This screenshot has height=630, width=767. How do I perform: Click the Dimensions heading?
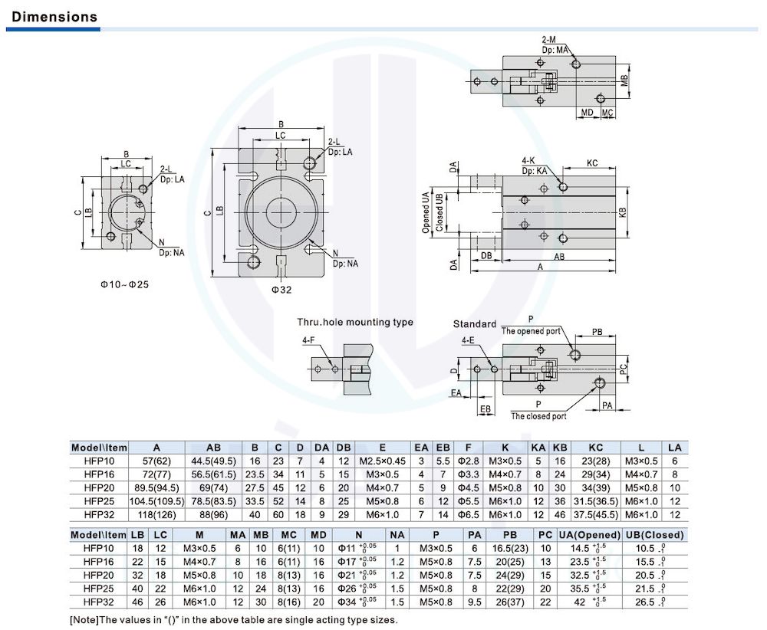pos(54,17)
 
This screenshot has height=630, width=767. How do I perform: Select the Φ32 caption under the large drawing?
pos(281,290)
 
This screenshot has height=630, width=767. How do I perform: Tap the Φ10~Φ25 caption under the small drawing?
pos(124,284)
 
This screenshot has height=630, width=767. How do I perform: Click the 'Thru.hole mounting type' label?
pos(355,322)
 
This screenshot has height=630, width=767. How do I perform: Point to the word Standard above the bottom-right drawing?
pos(475,324)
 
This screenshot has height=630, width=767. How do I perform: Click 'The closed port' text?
pos(538,416)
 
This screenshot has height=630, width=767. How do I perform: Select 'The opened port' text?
pos(531,331)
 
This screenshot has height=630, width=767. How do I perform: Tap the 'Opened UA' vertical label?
pos(426,212)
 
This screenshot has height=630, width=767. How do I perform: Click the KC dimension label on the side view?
pos(592,163)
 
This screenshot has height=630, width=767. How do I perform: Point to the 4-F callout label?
pos(308,340)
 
